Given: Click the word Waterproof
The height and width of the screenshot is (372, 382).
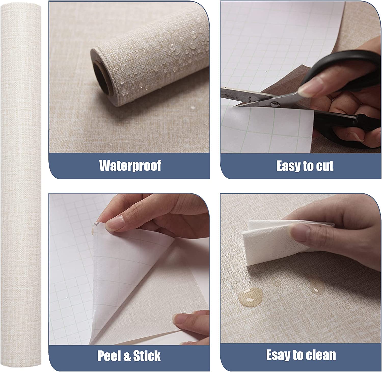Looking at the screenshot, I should click(x=130, y=166).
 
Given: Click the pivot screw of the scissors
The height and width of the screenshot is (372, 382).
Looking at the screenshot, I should click(x=274, y=104).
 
